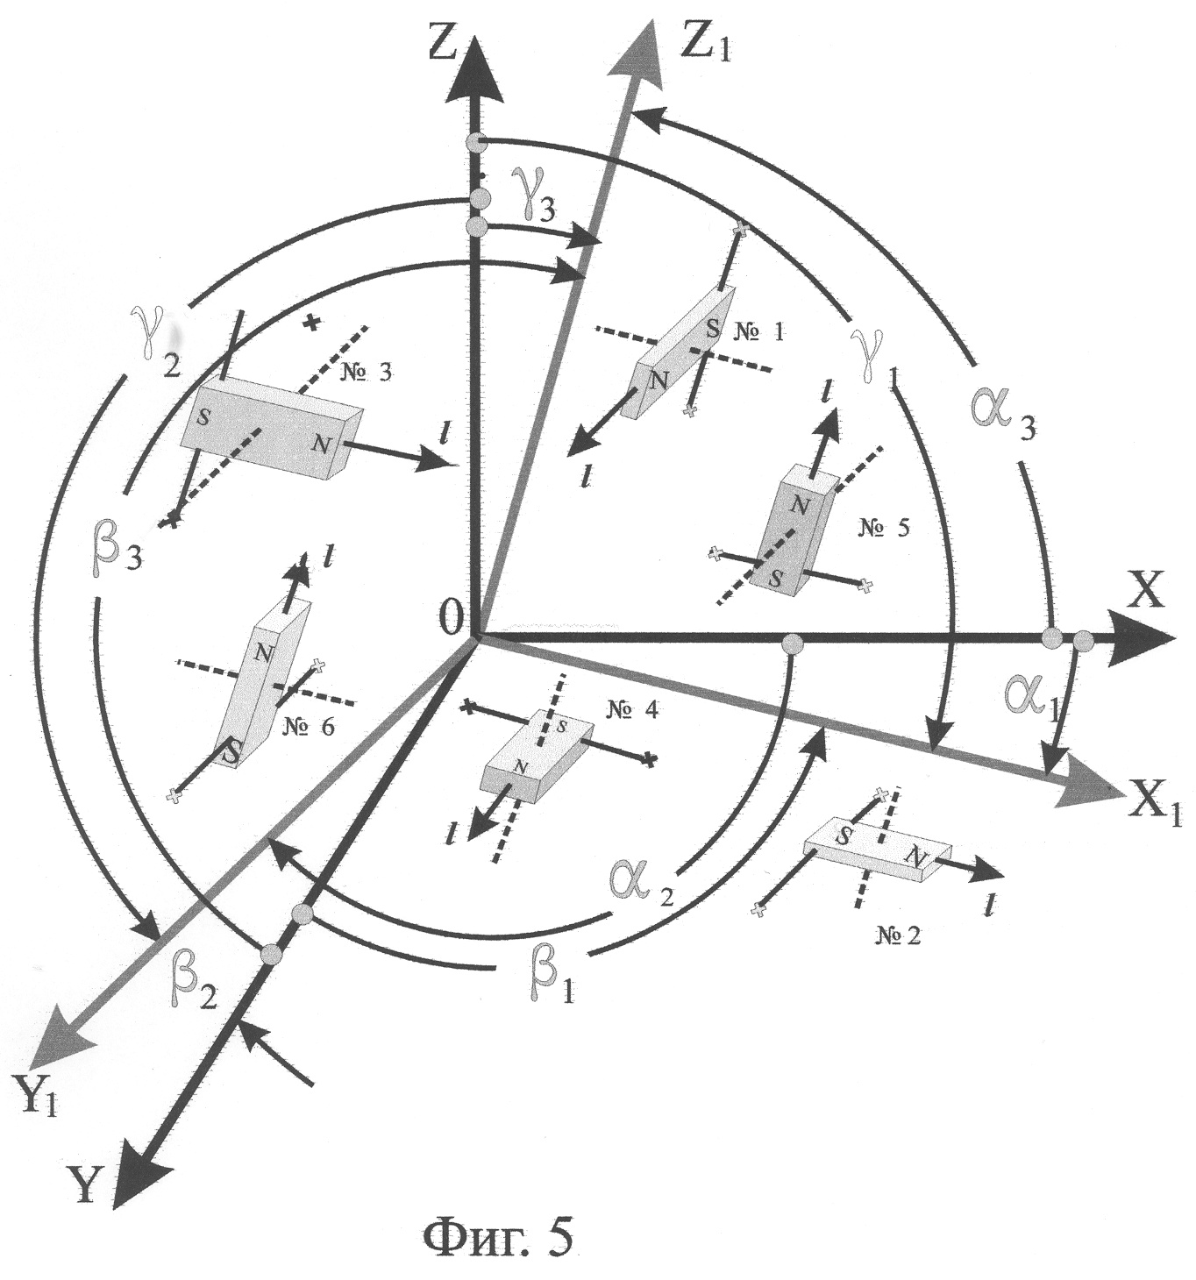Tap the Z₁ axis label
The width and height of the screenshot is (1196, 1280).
tap(708, 45)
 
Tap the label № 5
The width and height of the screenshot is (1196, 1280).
tap(883, 528)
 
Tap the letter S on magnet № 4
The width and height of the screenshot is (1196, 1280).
tap(562, 727)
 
